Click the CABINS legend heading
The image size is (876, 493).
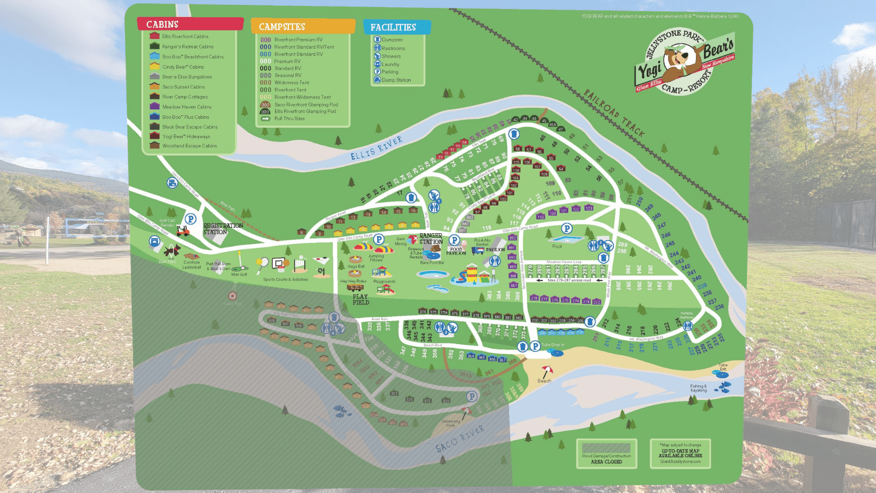[162, 25]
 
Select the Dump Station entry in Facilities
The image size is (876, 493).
[395, 80]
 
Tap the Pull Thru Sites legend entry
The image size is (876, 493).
[289, 118]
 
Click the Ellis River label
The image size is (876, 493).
[376, 148]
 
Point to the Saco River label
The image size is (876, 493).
[459, 439]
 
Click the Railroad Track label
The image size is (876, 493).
[614, 113]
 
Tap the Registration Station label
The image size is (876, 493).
[222, 229]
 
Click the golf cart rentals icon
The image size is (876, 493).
[183, 231]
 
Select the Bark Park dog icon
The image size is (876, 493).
[171, 251]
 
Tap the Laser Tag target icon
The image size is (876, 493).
[232, 296]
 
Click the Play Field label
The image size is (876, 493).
[361, 299]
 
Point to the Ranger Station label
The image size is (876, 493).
[431, 238]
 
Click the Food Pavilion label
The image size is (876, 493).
[456, 251]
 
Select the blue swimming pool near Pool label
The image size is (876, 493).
[567, 240]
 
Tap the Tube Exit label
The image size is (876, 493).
[723, 367]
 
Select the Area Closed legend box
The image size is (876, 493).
[606, 453]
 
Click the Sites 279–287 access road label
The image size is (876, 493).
[569, 280]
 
